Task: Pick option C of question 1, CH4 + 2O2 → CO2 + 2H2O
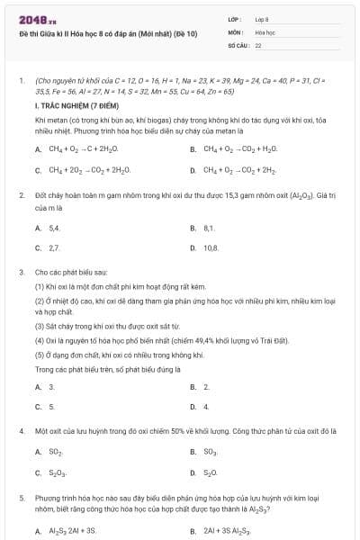(x=89, y=169)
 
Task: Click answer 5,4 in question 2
(x=54, y=229)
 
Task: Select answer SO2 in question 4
(x=56, y=452)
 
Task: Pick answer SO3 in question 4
(x=211, y=452)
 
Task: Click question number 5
(x=21, y=497)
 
